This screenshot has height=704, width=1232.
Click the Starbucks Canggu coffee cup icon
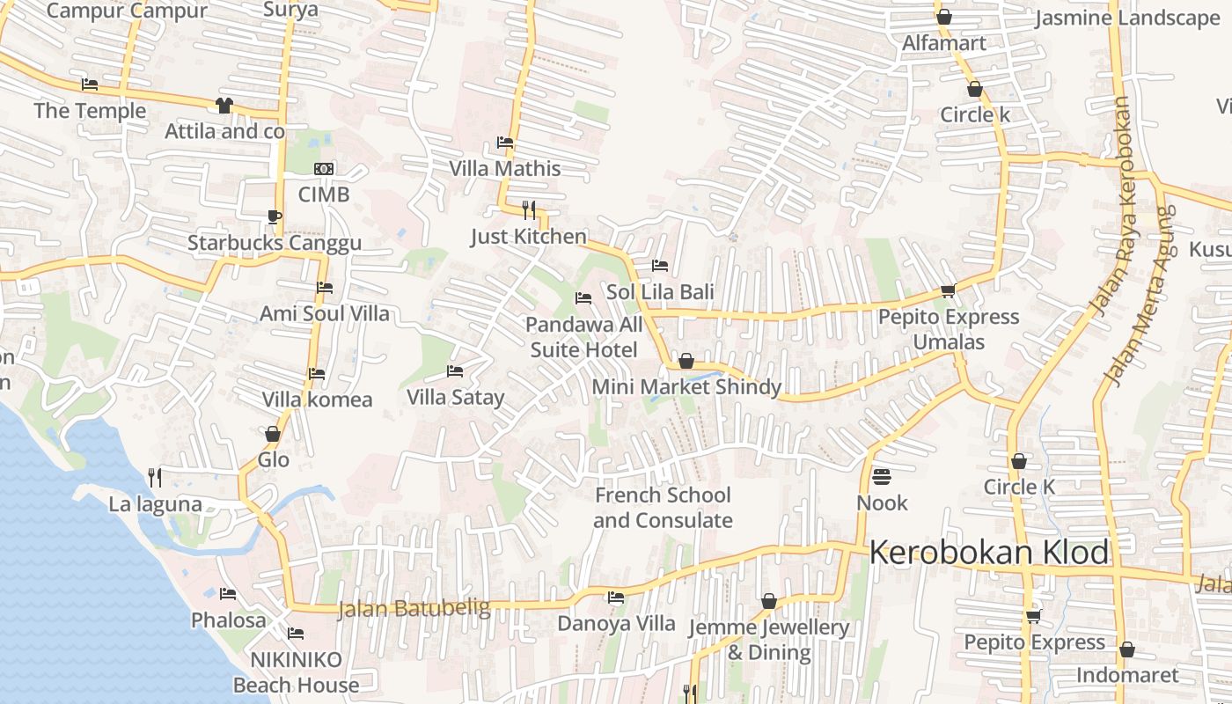274,216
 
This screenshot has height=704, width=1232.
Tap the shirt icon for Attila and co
224,106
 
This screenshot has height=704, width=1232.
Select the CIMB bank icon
324,169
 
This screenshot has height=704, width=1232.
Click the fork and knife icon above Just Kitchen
528,209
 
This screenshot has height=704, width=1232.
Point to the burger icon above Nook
882,477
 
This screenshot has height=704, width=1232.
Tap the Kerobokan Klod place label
988,553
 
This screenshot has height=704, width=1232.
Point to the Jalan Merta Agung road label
1140,295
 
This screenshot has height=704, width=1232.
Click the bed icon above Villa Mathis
505,143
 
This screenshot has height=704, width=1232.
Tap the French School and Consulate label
662,508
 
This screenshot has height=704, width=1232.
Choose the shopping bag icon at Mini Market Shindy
686,362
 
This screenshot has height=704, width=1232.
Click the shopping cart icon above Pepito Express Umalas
948,291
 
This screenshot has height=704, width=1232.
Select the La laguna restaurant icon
155,478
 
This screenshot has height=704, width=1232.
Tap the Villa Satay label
455,397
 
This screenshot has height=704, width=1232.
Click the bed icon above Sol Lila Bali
660,266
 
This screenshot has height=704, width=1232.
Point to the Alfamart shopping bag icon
944,17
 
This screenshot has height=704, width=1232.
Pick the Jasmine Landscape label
1127,18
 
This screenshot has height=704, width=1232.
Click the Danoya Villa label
616,624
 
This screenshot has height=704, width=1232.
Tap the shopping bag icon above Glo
273,435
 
